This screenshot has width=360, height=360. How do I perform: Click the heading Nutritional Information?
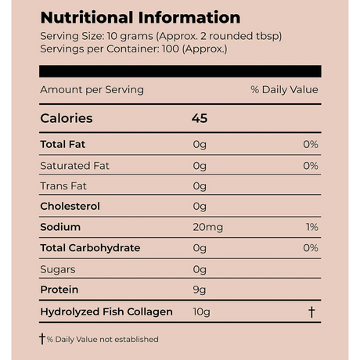pos(140,18)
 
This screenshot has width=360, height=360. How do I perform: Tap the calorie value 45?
pos(200,118)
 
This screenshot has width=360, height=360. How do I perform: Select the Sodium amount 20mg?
pos(208,228)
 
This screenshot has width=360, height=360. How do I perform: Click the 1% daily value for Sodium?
pos(312,227)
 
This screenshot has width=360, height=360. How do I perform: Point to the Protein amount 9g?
pos(200,290)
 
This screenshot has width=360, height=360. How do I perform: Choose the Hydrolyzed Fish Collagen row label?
pos(106,311)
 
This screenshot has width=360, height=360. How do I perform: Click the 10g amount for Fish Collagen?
pos(201,312)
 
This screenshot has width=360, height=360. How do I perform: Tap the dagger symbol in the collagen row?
pos(311,311)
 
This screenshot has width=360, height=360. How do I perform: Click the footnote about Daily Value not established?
pos(99,339)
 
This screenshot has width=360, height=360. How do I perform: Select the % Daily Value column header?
pos(284,90)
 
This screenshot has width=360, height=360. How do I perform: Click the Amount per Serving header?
pos(92,90)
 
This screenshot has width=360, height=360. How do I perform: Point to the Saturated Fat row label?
pos(74,166)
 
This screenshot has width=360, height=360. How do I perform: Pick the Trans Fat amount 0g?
pos(200,186)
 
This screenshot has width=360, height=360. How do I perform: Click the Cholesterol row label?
pos(70,207)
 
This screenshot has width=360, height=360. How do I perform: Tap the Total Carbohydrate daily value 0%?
pos(311,248)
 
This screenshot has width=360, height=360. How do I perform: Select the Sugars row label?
pos(58,269)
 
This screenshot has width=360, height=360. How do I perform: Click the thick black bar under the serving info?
pos(180,71)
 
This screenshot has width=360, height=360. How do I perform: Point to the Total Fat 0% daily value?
pos(311,144)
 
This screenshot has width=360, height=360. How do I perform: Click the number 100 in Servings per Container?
pos(171,49)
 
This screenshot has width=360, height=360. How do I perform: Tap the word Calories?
pos(67,118)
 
